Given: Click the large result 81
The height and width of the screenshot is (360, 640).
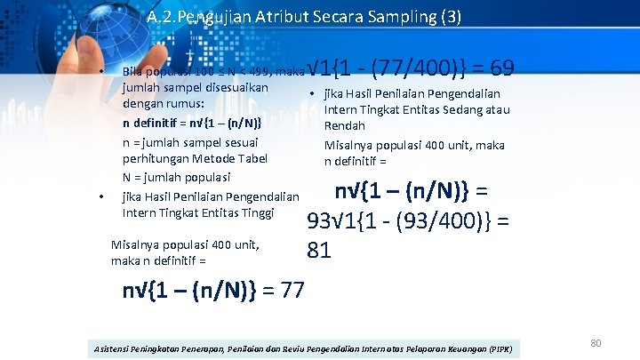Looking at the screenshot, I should (320, 250).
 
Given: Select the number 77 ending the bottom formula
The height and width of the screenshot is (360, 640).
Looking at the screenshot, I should (291, 291).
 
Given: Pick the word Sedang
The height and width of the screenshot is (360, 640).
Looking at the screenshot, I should (456, 109).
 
